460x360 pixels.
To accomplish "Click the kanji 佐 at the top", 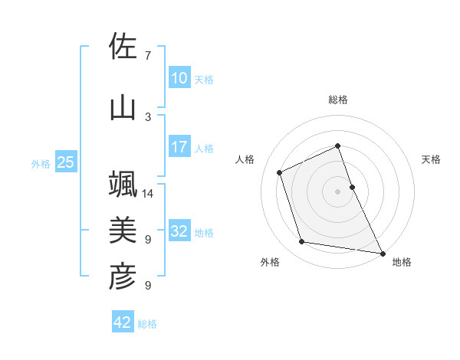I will [x=123, y=46].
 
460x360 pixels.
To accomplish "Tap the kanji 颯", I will [x=123, y=185].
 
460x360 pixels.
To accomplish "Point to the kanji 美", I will [x=123, y=230].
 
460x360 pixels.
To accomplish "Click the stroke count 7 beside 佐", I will [x=148, y=56].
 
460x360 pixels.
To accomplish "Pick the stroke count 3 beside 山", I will [x=148, y=116].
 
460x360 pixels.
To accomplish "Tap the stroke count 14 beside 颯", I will [x=149, y=194].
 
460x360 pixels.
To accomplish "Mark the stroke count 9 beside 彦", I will [x=148, y=286].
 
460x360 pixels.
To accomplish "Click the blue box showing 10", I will [x=179, y=78].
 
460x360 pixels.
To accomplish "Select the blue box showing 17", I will [x=179, y=147].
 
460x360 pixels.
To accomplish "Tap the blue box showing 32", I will [x=179, y=231].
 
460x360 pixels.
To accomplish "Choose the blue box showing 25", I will [x=65, y=162].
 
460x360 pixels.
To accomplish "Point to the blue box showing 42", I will [x=122, y=322].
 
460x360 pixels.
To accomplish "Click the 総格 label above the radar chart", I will [x=337, y=100].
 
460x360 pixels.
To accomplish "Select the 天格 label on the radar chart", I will [x=431, y=159].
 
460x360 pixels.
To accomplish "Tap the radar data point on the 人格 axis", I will [x=280, y=172].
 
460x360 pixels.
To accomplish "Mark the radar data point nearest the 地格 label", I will [x=382, y=252].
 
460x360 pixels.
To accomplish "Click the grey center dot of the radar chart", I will [x=337, y=191].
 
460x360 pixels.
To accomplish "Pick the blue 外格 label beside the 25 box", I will [x=40, y=163].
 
